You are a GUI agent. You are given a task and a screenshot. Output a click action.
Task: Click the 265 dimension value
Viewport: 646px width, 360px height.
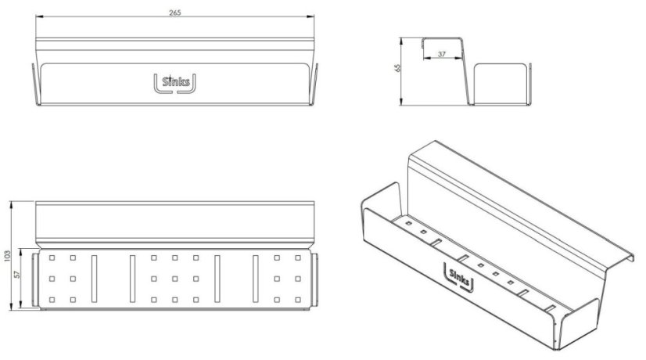pos(175,13)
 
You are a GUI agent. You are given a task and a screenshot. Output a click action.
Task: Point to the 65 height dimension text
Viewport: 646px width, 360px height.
pos(398,67)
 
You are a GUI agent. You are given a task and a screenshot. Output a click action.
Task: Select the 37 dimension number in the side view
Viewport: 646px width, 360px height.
pos(442,54)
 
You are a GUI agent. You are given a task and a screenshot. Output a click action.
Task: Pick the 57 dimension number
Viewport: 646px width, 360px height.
pos(17,273)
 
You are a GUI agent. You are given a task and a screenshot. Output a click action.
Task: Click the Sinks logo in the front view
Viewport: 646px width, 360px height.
pos(174,82)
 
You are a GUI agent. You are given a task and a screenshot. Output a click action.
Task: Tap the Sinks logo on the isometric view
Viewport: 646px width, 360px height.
pos(459,278)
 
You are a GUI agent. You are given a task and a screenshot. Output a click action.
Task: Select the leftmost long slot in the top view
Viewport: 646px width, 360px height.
pos(95,279)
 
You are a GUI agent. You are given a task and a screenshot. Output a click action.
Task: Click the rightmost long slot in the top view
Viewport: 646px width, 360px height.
pos(256,279)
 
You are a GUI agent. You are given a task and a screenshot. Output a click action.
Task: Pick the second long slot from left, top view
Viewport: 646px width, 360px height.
pos(132,279)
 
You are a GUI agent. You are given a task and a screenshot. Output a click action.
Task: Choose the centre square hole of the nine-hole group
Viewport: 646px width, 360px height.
pos(175,279)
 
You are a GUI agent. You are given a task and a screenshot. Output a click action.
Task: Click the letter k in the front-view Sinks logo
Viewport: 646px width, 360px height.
pos(182,81)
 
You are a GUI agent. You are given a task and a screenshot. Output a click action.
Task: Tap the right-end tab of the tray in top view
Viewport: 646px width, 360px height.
pos(314,280)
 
